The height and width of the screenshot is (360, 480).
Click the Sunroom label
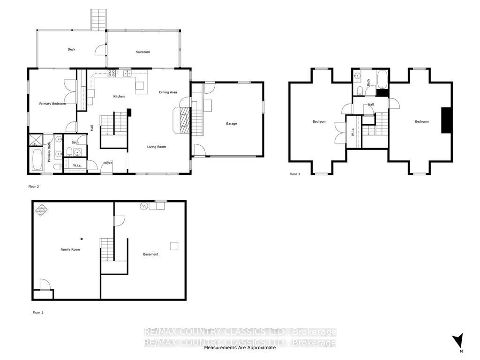[143, 52]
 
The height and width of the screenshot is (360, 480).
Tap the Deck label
[71, 49]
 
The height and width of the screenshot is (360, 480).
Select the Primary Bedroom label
[52, 104]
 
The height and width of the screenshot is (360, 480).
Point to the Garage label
[232, 124]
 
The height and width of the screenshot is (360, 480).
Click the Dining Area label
[168, 92]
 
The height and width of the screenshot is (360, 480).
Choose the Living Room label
[157, 147]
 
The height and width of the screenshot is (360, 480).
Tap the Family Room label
[70, 249]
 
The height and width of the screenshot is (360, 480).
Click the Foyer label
[108, 163]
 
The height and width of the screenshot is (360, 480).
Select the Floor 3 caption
[295, 174]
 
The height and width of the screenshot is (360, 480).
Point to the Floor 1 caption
[38, 313]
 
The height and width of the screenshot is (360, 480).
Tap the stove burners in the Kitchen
[112, 73]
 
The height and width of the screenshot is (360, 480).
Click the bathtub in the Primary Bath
[37, 159]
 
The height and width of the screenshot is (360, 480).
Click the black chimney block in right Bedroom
[446, 120]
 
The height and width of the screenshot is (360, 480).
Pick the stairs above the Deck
[98, 20]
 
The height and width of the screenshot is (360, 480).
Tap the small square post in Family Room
[82, 239]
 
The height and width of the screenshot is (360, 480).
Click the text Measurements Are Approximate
[240, 348]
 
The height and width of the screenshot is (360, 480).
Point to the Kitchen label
[119, 97]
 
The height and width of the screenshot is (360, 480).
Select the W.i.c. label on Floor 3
[352, 132]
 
